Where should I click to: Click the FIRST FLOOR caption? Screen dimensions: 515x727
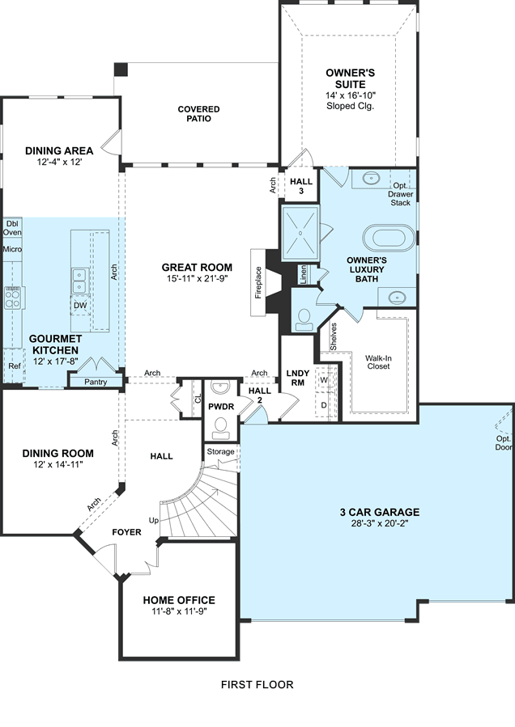[257, 684]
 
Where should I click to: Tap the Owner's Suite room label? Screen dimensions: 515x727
[350, 78]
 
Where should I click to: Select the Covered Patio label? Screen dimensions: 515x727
[198, 113]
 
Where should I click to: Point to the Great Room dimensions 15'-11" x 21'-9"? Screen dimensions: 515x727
[197, 279]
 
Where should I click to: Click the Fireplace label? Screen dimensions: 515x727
[258, 282]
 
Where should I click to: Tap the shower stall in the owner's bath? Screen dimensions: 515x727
[300, 232]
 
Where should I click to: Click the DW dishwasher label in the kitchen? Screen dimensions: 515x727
[80, 306]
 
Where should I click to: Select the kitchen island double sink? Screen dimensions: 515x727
[80, 281]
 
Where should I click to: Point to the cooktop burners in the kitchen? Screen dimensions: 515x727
[12, 298]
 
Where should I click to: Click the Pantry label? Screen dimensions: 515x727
[96, 382]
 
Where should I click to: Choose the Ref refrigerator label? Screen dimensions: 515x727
[15, 366]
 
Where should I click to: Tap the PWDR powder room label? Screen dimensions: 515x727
[221, 407]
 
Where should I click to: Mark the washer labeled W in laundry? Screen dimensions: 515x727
[324, 380]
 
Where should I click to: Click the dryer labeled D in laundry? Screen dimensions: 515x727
[324, 404]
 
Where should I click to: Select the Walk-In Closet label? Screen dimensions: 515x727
[378, 362]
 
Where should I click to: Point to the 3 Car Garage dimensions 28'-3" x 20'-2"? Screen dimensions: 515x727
[380, 524]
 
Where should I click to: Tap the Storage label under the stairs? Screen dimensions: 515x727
[220, 451]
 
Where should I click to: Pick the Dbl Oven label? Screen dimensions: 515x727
[12, 228]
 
